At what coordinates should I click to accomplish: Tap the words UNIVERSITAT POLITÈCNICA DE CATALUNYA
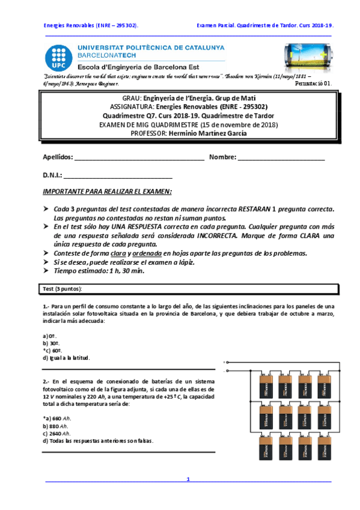point(151,47)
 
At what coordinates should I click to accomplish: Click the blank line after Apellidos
point(139,158)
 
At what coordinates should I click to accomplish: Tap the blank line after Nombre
point(281,158)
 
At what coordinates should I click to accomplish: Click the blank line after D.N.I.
point(118,177)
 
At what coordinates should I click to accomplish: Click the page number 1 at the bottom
point(188,479)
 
